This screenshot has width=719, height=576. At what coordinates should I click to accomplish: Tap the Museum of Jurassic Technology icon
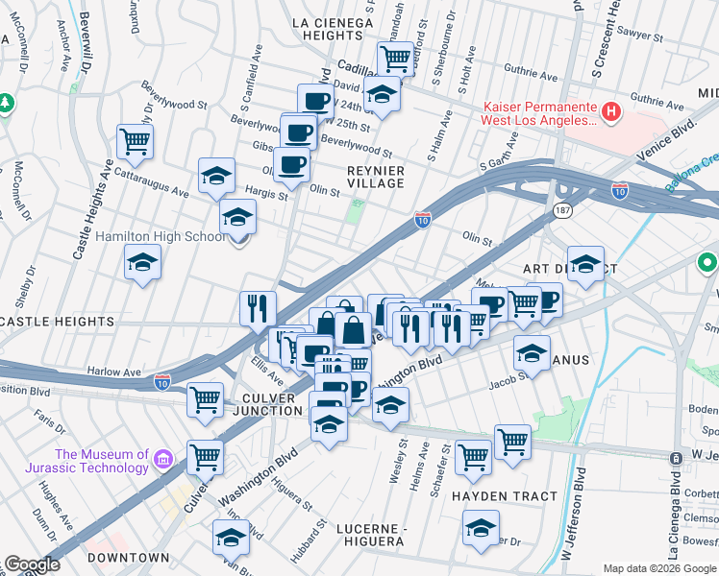point(162,463)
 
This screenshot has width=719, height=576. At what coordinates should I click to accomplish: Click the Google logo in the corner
point(32,564)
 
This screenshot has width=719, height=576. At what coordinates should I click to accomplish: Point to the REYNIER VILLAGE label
point(375,176)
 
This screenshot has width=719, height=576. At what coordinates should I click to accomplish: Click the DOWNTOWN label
point(128,557)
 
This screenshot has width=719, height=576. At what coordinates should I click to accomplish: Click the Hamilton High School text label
point(161,236)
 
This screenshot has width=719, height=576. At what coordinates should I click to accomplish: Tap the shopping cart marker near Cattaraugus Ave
point(136,142)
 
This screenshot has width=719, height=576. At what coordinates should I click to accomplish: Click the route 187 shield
point(560,207)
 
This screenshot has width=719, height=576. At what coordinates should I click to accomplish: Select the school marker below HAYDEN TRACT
point(481,528)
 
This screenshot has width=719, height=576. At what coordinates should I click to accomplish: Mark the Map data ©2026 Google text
point(659,568)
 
